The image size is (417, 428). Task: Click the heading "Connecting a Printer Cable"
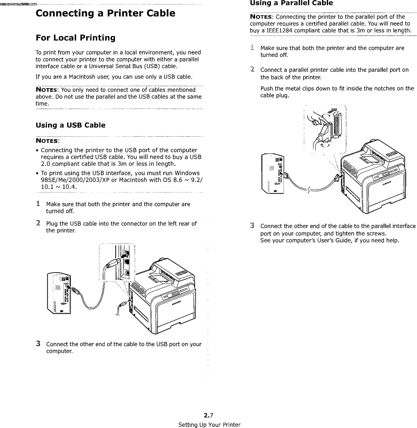(105, 14)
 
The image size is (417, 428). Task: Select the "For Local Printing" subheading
(75, 38)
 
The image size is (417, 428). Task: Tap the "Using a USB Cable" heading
(70, 125)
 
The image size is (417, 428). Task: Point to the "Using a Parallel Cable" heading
(291, 3)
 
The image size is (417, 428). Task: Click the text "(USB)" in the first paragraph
(153, 67)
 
